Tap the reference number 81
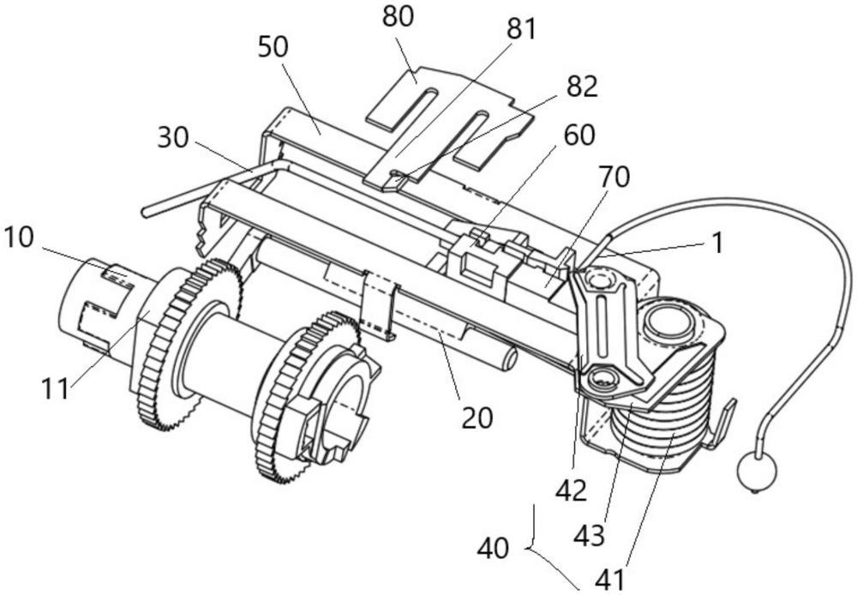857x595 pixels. tap(518, 29)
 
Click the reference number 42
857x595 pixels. tap(570, 490)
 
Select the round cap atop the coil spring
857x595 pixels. tap(666, 323)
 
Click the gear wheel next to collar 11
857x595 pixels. tap(189, 343)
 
